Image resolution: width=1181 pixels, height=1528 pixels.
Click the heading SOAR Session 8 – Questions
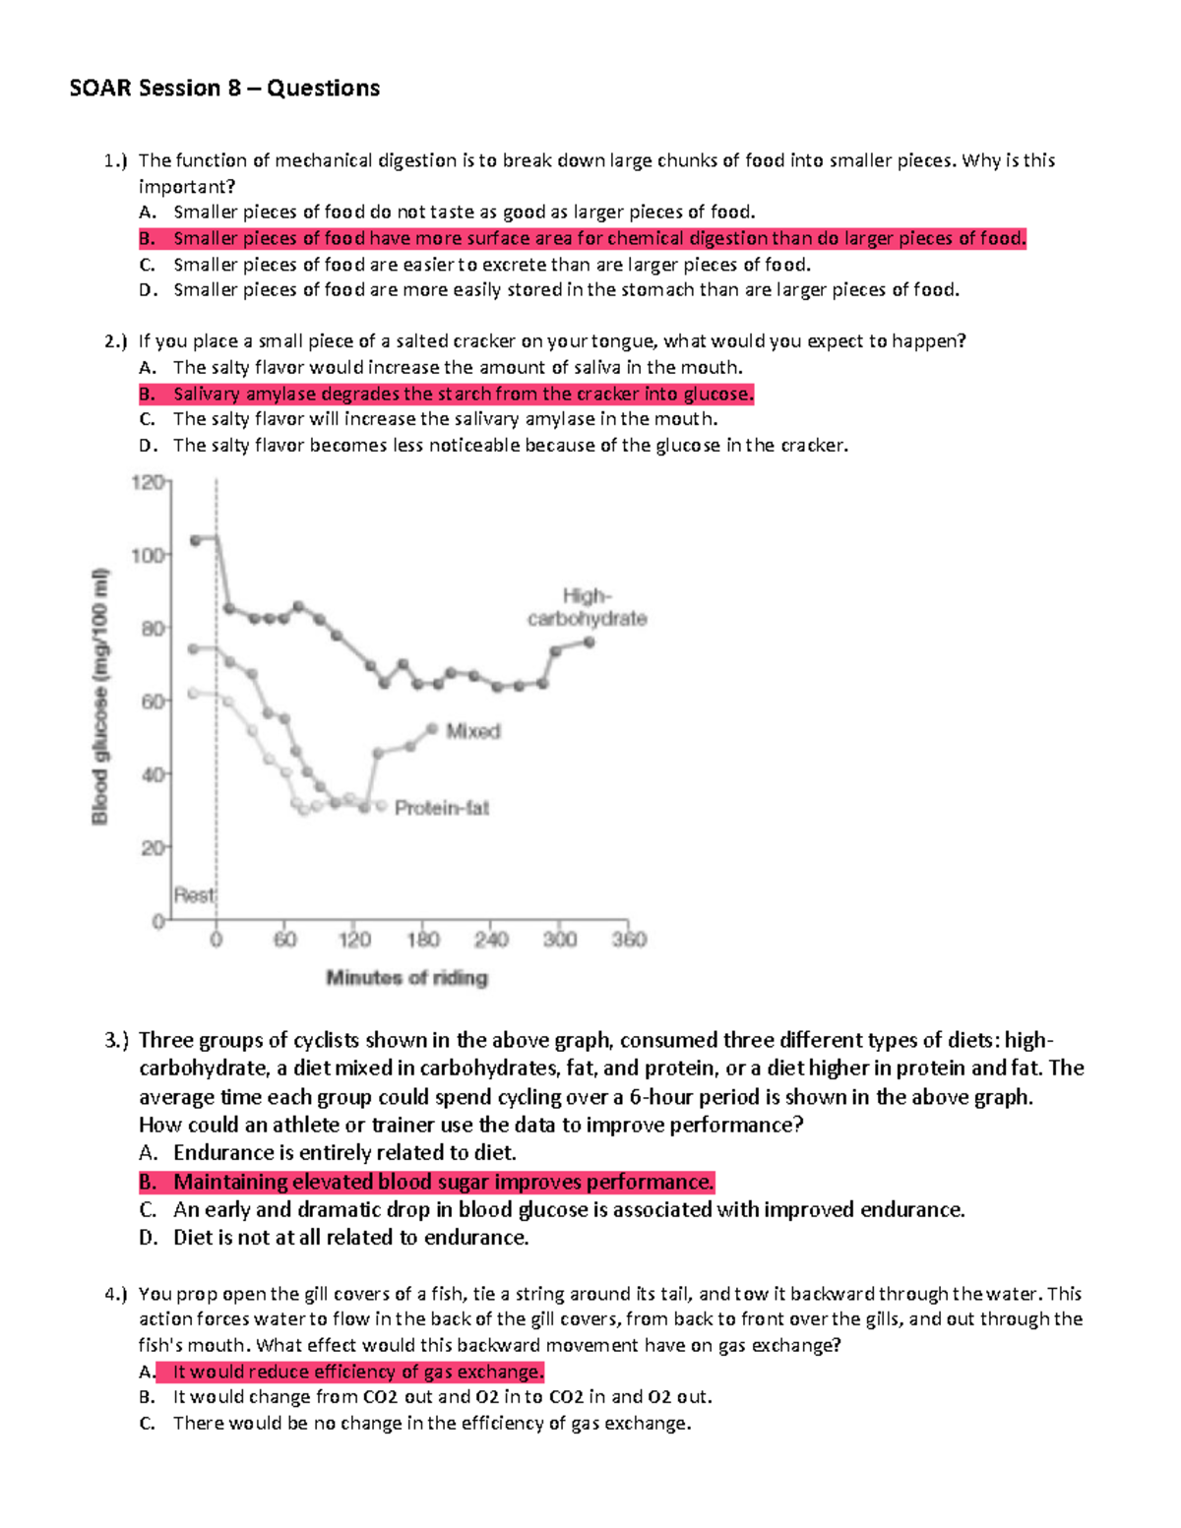pos(224,89)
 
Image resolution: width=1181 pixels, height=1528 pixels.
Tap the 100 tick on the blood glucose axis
pos(149,556)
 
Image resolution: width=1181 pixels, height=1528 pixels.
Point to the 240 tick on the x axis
pos(491,940)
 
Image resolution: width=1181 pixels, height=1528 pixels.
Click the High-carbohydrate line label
pos(588,608)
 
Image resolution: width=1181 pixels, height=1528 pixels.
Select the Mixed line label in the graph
pos(473,731)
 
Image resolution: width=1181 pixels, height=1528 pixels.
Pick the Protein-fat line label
pos(442,809)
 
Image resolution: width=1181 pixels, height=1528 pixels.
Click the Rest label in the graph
pos(193,895)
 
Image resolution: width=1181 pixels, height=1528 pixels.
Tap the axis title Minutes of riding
pos(406,978)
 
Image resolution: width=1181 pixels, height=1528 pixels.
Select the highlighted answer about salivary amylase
pos(463,394)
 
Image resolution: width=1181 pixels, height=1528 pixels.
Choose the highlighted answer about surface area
pos(598,238)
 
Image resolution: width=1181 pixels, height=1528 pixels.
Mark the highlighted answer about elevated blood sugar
pos(443,1182)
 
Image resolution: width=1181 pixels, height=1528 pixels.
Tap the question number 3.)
pos(116,1040)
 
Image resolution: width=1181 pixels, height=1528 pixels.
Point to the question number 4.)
pos(116,1294)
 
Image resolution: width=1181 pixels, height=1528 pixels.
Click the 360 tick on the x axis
pos(629,940)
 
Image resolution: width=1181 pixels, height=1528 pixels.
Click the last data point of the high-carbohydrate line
pos(590,642)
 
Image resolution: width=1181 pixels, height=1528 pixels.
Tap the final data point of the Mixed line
pos(432,729)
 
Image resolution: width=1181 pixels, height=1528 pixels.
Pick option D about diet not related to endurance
pos(350,1238)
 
